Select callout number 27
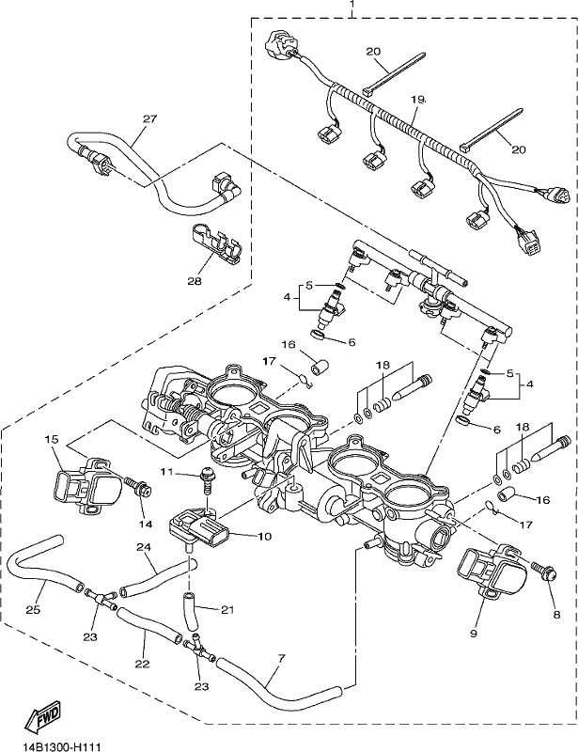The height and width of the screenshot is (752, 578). point(150,118)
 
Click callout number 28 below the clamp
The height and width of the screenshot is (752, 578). point(195,281)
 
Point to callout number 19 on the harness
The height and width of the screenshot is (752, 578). point(418,100)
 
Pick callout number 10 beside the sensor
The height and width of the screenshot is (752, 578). point(264,536)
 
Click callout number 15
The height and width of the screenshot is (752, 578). point(52,439)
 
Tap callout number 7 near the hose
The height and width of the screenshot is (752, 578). point(282,657)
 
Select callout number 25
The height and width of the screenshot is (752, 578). point(33,610)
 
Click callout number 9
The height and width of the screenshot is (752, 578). point(474,634)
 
